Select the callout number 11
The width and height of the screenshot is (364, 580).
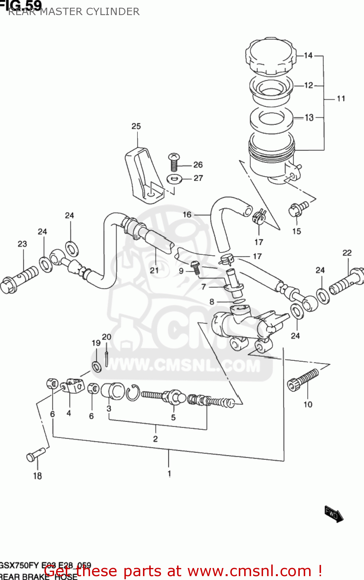point(340,99)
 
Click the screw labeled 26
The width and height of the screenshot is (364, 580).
point(174,162)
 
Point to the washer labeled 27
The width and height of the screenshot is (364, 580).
point(175,179)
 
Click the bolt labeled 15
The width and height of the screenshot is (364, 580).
point(298,209)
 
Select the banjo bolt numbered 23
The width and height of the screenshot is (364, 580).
point(19,280)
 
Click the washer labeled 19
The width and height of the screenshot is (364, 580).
point(97,366)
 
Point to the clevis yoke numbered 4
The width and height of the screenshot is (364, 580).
point(73,386)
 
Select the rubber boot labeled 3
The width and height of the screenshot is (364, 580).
point(112,391)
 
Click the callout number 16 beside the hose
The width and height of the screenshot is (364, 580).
point(187,215)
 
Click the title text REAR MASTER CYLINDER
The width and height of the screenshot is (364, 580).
point(73,12)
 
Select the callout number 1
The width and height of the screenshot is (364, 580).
point(169,473)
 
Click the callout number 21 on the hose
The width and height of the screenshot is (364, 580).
point(154,270)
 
